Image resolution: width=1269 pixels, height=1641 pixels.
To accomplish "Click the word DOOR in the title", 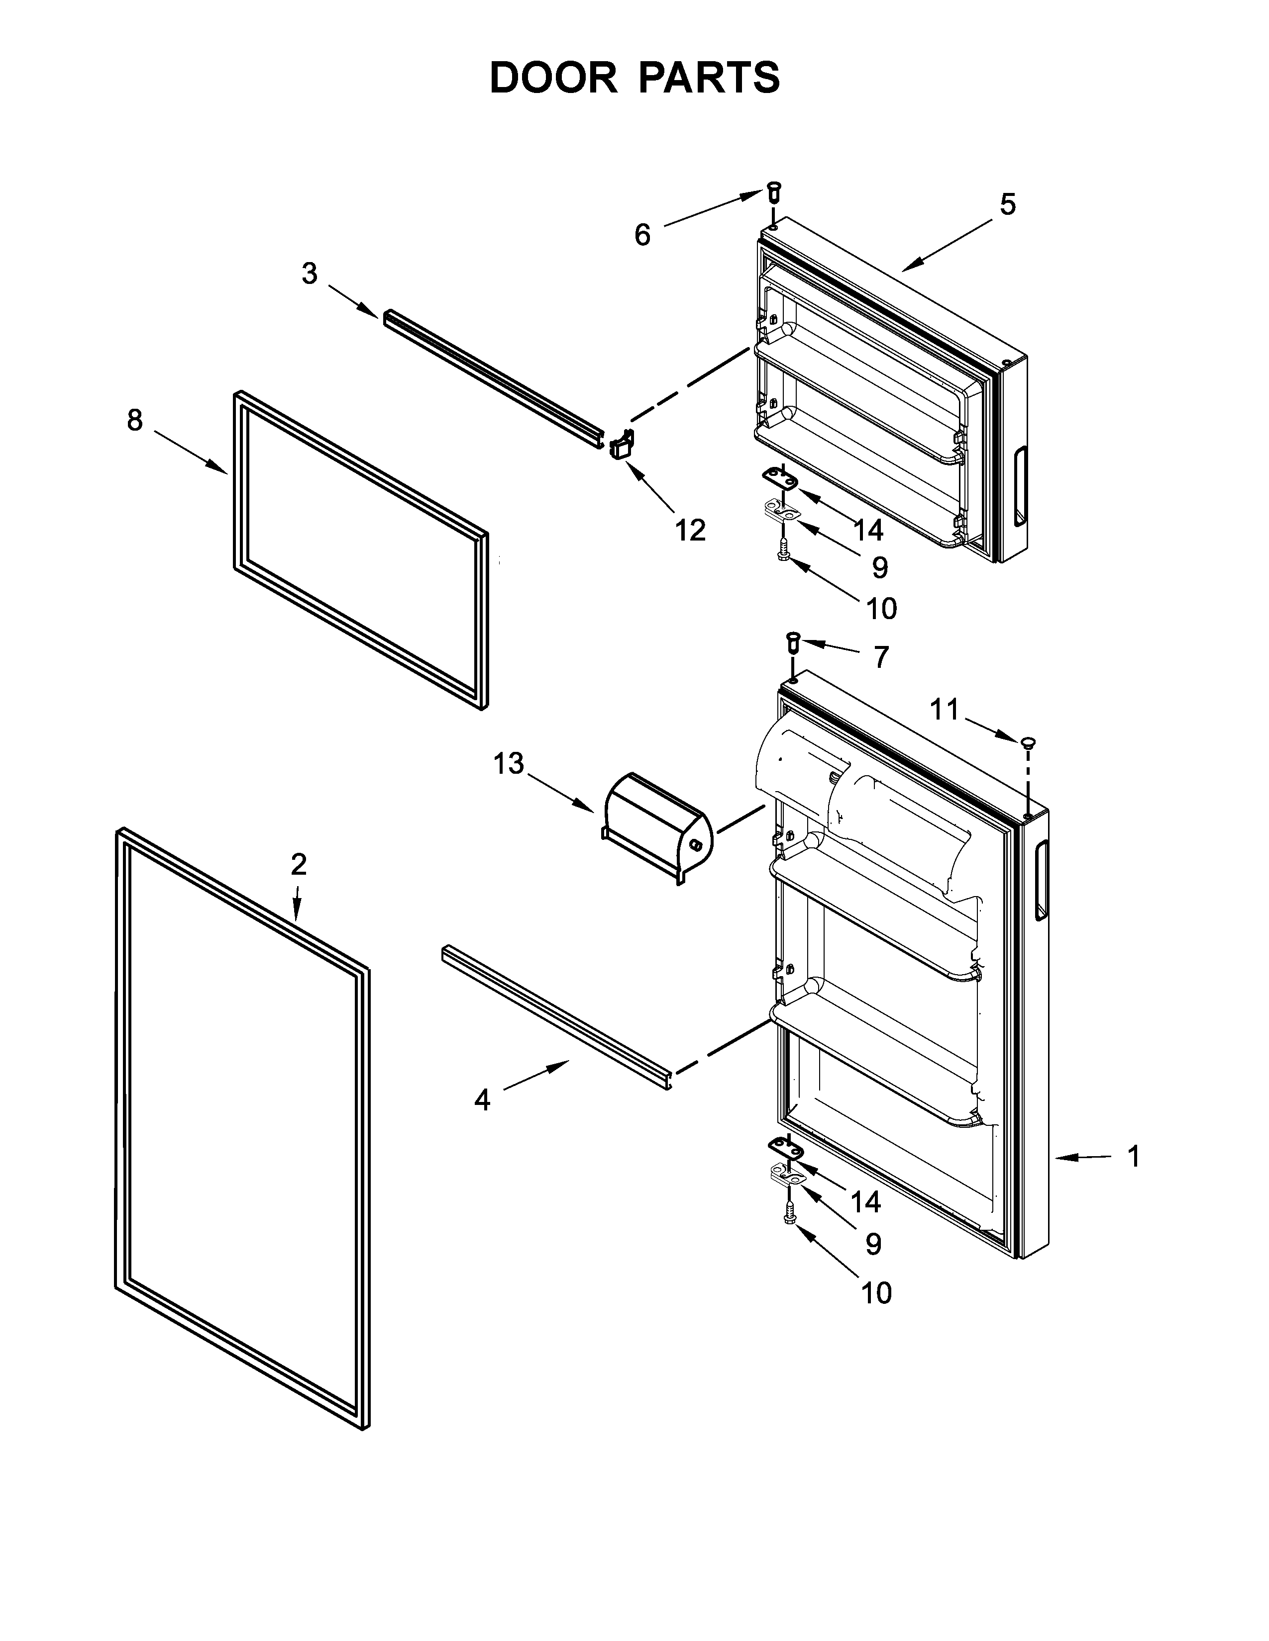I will point(552,78).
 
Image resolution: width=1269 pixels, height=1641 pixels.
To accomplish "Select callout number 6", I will point(642,235).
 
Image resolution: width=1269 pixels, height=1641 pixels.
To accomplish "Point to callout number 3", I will point(309,273).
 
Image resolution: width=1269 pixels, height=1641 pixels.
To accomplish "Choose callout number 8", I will point(134,420).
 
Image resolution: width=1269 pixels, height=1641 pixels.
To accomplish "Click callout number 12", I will point(690,531).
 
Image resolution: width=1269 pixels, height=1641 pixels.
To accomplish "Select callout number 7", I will point(881,657).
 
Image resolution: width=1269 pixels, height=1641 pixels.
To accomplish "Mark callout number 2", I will point(299,865).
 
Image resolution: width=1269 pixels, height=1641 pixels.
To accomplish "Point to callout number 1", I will point(1134,1156).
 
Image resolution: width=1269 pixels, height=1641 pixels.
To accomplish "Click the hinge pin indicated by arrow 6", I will point(773,191).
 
